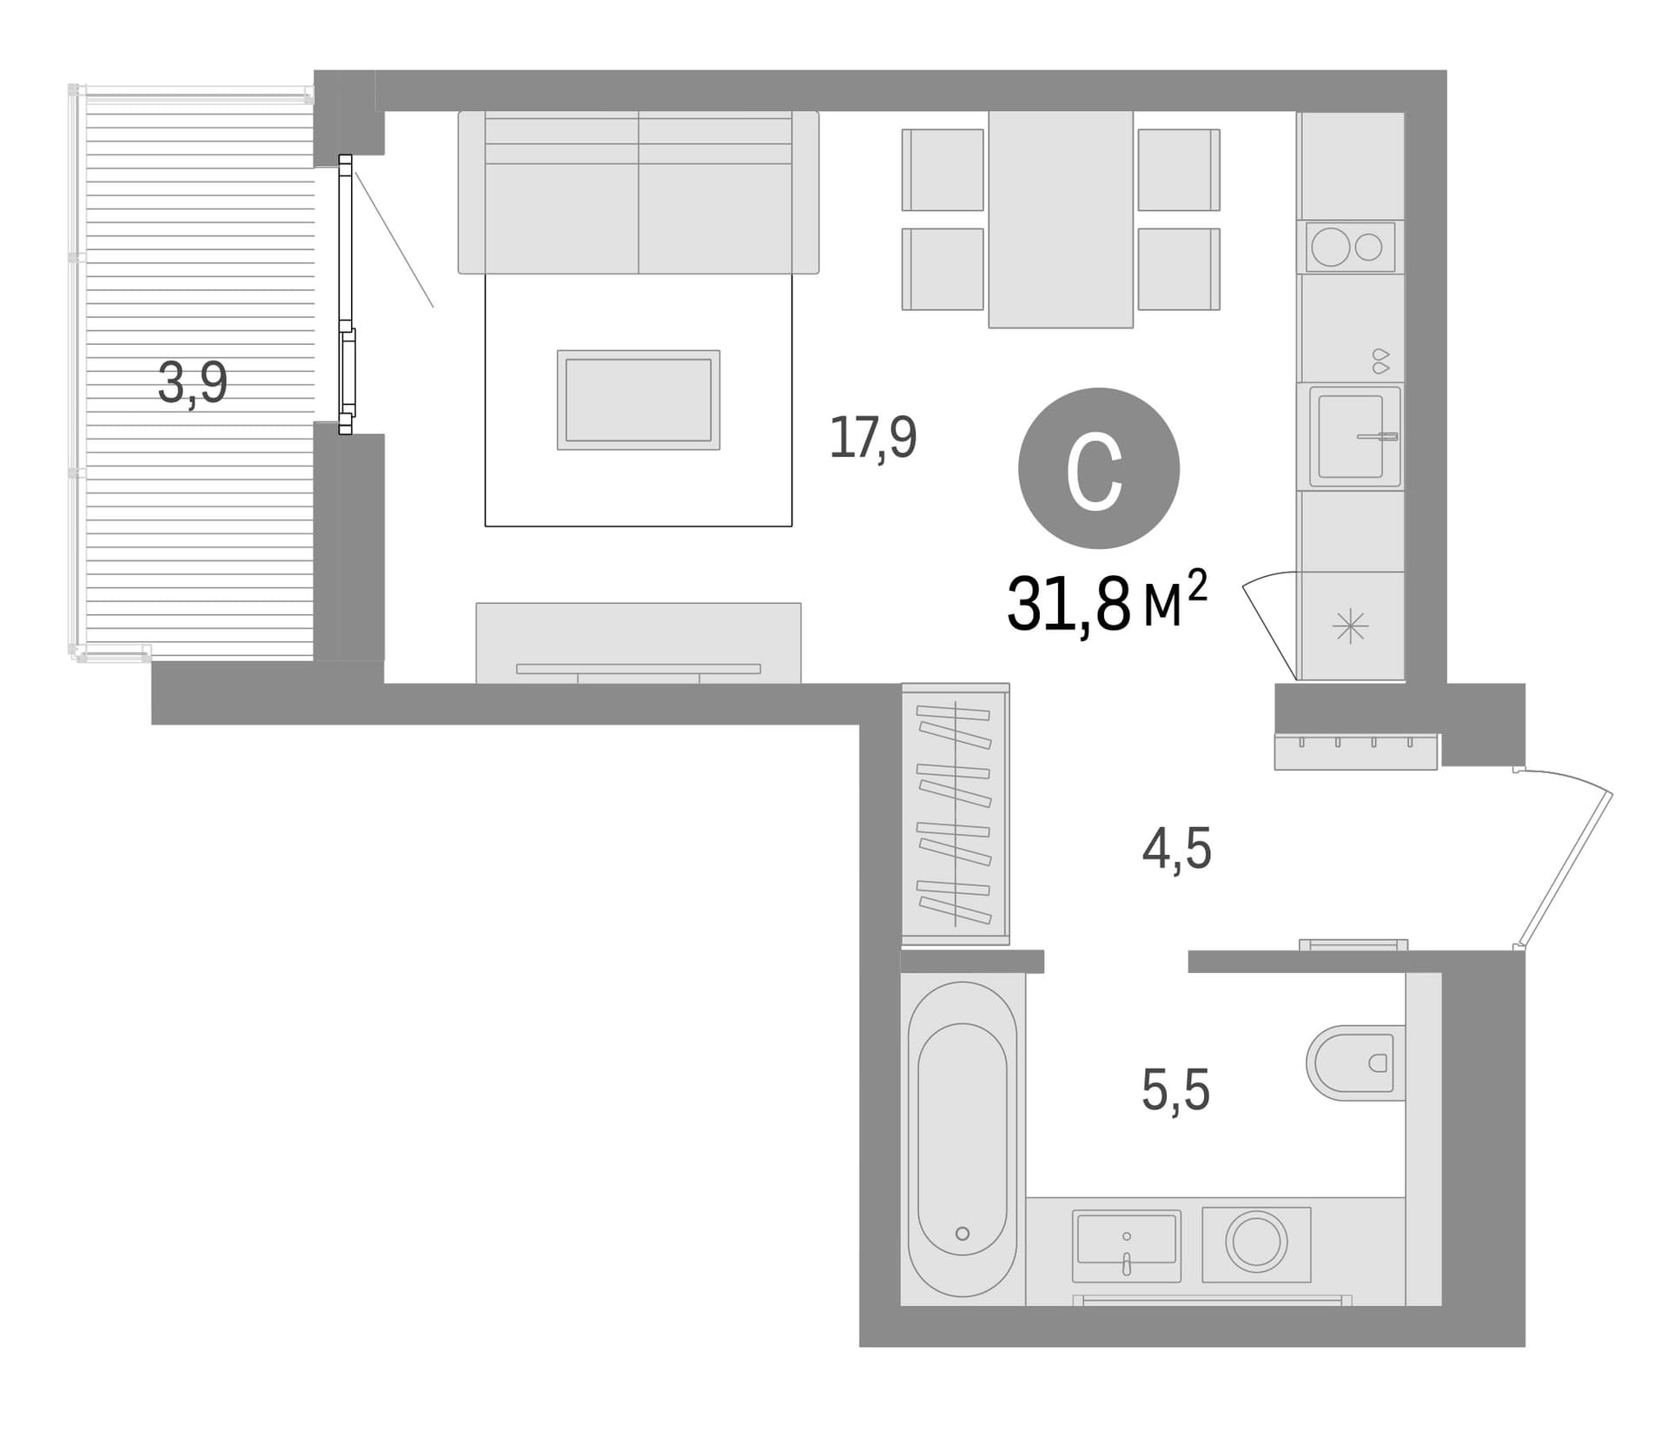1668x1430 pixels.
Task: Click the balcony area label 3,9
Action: [193, 383]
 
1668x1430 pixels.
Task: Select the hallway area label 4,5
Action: [1176, 849]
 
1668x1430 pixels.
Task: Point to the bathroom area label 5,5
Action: [1175, 1090]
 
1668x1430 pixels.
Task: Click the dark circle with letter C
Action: [1098, 468]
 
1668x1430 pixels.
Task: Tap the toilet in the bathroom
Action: [1355, 1063]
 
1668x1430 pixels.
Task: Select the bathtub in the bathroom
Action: [963, 1138]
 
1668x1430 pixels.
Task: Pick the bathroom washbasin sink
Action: [1126, 1246]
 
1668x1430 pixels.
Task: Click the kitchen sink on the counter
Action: [1354, 437]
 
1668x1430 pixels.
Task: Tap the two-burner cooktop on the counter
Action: [1350, 248]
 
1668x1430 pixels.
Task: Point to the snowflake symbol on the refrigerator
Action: [1350, 626]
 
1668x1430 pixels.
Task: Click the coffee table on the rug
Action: [639, 400]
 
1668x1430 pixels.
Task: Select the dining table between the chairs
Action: [1061, 219]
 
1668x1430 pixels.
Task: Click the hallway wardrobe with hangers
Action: [956, 814]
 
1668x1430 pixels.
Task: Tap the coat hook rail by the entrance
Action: [1355, 751]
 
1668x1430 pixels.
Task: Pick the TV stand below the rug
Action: [639, 643]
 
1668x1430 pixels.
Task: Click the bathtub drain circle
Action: [962, 1234]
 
